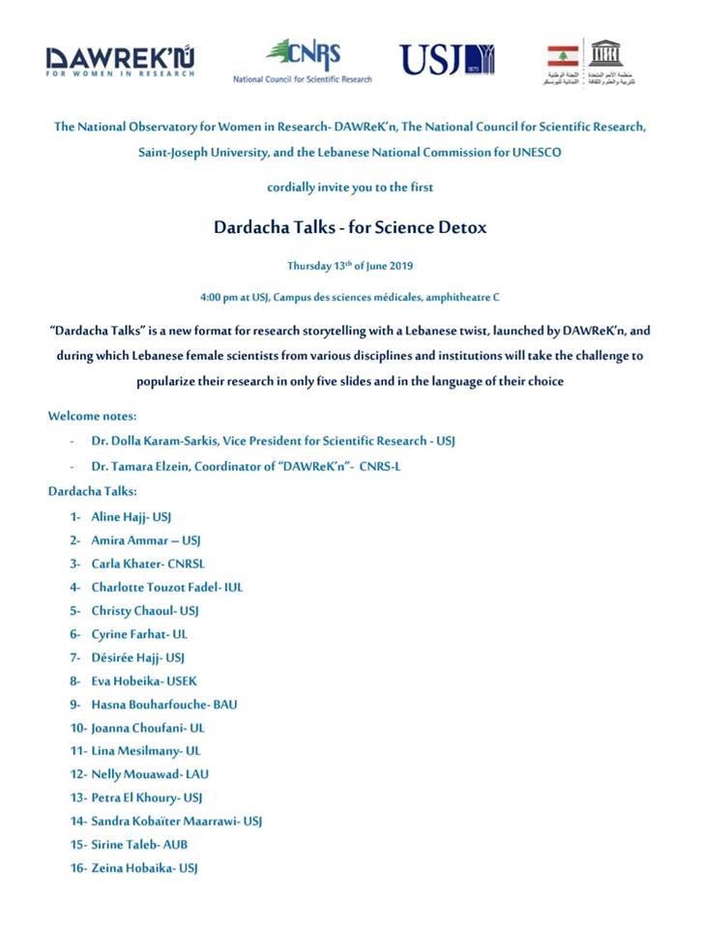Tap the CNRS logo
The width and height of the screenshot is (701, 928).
pyautogui.click(x=304, y=60)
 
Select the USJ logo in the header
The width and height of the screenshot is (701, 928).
pyautogui.click(x=447, y=59)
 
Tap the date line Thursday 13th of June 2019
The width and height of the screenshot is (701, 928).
pyautogui.click(x=349, y=266)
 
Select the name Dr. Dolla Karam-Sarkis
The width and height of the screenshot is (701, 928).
pyautogui.click(x=157, y=441)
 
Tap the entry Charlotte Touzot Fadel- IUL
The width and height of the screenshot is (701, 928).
pyautogui.click(x=170, y=587)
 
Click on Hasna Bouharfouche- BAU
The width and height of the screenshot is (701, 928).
pyautogui.click(x=163, y=704)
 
